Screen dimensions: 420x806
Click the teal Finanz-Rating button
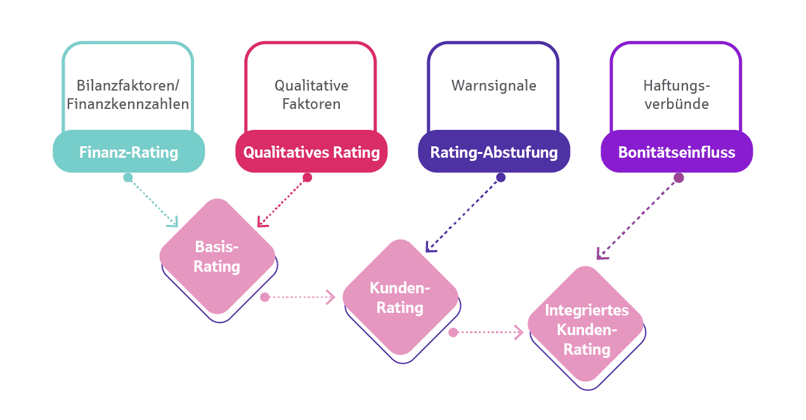(x=129, y=152)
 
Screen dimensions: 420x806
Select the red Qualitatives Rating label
(x=311, y=152)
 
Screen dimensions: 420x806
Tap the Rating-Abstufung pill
(x=494, y=152)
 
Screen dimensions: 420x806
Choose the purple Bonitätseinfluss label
(x=677, y=152)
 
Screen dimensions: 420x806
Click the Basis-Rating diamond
(x=217, y=256)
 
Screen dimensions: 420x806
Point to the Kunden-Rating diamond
(x=400, y=297)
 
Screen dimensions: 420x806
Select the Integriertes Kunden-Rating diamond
(x=586, y=329)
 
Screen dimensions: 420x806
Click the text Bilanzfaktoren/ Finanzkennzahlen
(x=128, y=95)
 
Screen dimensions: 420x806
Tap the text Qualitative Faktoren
(x=311, y=95)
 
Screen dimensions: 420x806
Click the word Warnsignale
(x=494, y=86)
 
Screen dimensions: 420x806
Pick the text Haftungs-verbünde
(x=677, y=95)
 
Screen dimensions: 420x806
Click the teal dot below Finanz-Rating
(x=128, y=178)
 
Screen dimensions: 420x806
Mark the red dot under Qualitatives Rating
(x=308, y=178)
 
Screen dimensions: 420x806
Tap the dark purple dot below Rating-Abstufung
(x=501, y=178)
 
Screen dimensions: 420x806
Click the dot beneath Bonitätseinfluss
(x=679, y=178)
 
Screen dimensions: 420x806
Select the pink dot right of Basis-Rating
(x=265, y=297)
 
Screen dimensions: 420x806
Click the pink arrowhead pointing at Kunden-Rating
(x=330, y=297)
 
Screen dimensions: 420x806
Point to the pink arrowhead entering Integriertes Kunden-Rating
(x=519, y=332)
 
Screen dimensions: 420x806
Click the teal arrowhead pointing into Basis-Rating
(x=172, y=222)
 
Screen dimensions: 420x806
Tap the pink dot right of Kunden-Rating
(x=453, y=332)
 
